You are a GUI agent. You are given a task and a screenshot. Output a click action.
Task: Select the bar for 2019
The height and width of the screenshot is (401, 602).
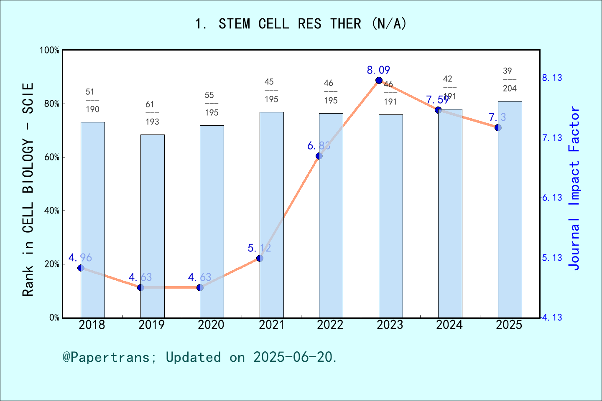click(x=152, y=226)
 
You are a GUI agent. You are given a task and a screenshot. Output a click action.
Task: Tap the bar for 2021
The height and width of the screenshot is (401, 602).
click(x=271, y=215)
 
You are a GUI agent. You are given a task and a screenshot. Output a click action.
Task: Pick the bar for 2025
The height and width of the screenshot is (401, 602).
click(x=510, y=209)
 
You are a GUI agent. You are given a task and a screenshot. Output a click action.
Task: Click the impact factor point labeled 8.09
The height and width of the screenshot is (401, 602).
click(x=379, y=80)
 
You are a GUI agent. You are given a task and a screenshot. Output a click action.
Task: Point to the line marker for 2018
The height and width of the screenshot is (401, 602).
click(x=81, y=268)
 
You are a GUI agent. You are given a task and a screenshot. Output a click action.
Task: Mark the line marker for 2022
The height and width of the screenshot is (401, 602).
click(x=319, y=156)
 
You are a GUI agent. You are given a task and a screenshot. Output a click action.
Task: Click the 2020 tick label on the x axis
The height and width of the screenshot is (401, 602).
click(x=211, y=325)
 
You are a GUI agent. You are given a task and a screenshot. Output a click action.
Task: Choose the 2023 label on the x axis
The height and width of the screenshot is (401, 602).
click(x=390, y=325)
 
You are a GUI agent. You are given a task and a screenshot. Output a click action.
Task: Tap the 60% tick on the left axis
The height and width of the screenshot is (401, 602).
click(x=52, y=157)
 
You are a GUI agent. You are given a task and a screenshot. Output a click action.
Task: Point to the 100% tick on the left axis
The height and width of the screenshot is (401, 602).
click(x=50, y=51)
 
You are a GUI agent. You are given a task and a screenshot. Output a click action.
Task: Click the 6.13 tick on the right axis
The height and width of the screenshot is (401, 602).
click(x=552, y=198)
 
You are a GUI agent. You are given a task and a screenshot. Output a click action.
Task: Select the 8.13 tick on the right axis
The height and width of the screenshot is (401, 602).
click(x=552, y=78)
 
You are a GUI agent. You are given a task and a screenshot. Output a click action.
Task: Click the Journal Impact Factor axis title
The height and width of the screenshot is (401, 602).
click(x=574, y=188)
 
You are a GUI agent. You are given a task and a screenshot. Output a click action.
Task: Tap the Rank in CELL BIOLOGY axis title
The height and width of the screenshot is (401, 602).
click(x=28, y=190)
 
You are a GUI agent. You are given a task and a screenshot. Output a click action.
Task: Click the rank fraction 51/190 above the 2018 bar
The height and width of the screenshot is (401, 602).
click(x=92, y=101)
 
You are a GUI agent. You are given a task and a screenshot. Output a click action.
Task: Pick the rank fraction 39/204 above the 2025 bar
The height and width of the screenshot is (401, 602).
click(x=510, y=80)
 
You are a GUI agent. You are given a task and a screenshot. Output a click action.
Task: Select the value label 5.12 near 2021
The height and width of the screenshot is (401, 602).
click(x=259, y=248)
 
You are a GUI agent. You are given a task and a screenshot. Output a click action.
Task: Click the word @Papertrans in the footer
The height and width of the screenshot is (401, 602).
click(x=107, y=357)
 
